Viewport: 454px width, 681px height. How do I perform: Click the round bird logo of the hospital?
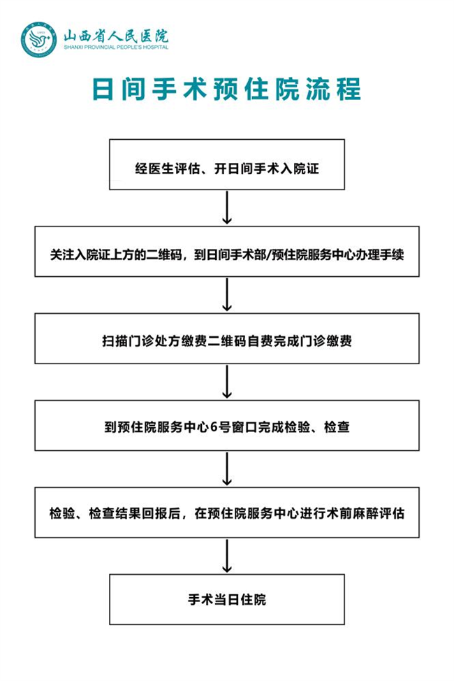point(39,40)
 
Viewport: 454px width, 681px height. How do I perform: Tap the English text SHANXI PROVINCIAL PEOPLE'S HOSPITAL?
point(116,47)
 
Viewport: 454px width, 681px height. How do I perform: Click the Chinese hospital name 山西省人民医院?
point(116,35)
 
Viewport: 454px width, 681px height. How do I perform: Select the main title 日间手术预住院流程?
point(226,89)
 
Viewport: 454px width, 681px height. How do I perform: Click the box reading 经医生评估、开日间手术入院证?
point(227,164)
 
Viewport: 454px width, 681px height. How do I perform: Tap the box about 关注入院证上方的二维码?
point(227,252)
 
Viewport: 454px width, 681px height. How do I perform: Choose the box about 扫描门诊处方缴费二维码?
point(227,338)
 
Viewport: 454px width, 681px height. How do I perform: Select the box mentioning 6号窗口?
point(227,426)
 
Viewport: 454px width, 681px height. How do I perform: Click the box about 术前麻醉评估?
point(227,512)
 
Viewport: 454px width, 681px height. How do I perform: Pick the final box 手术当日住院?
point(227,599)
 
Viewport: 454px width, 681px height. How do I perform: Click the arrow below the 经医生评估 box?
point(227,208)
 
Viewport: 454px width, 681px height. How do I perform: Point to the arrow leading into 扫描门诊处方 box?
point(227,294)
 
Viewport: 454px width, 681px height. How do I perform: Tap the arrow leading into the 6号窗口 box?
point(227,381)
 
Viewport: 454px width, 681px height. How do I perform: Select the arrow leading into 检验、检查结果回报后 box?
point(227,468)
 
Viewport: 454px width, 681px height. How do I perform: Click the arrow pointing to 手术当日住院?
point(227,555)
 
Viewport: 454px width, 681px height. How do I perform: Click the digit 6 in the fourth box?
point(214,427)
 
